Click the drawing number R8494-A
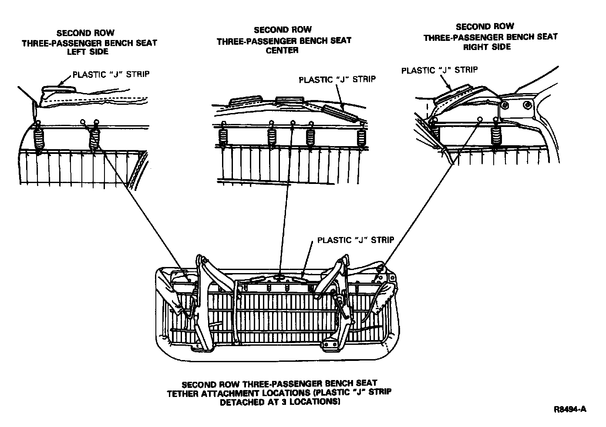570,409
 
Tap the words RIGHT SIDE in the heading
487,47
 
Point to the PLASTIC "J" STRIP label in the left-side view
111,74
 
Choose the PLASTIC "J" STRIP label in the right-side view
439,70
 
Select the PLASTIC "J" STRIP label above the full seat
356,240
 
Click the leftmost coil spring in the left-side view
40,139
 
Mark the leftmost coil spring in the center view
223,137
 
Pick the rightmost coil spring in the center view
361,137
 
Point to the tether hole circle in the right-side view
480,119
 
